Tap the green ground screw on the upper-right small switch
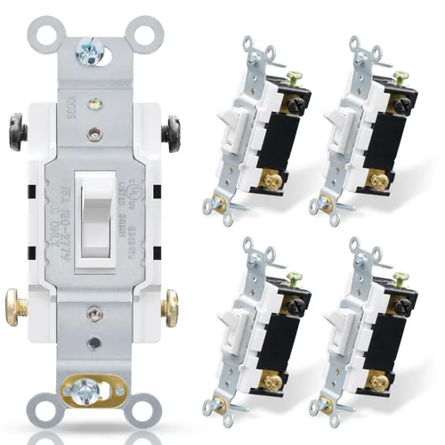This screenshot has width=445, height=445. point(400,79)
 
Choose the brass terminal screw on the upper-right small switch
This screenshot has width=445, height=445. point(379,182)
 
